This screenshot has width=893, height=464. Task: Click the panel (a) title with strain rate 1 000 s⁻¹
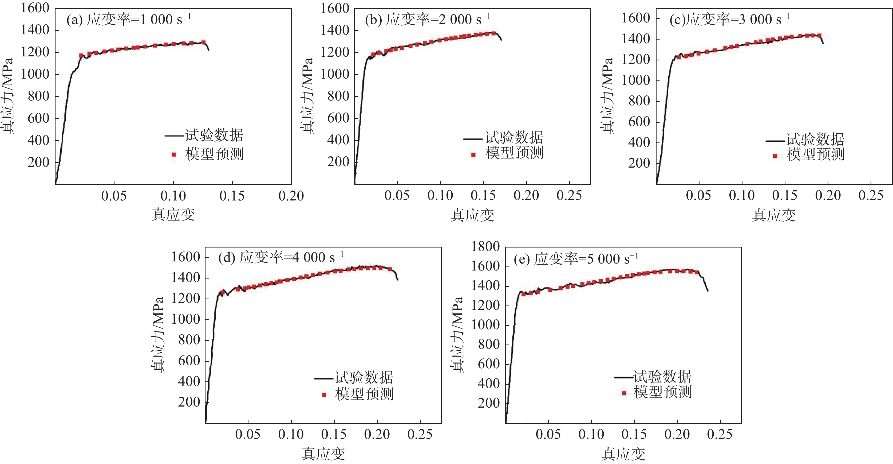(x=129, y=20)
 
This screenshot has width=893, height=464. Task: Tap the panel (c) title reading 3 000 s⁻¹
(x=730, y=20)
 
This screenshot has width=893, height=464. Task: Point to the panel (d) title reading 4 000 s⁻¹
(x=281, y=257)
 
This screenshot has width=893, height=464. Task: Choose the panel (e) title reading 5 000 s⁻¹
(x=576, y=259)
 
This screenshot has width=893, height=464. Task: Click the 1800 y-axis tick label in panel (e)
(x=485, y=246)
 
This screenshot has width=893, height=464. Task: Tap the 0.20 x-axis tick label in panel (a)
(x=291, y=196)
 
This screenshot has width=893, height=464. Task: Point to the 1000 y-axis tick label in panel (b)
(x=334, y=74)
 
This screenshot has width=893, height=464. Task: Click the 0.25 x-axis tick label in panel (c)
(x=871, y=195)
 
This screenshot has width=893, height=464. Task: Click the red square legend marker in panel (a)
(x=174, y=155)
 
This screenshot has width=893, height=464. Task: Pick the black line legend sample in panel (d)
(x=324, y=378)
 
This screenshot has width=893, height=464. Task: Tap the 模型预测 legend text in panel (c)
(x=816, y=154)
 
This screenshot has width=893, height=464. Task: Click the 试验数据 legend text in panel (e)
(x=662, y=377)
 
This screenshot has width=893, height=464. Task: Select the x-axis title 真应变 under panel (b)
(x=472, y=215)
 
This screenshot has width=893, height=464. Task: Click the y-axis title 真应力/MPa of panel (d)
(x=158, y=335)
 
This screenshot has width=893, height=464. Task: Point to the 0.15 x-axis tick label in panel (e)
(x=634, y=435)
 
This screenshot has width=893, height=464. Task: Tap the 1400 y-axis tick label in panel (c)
(x=635, y=39)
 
